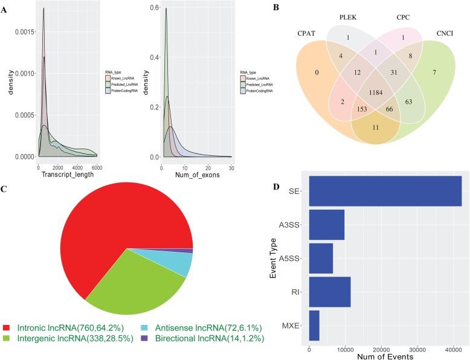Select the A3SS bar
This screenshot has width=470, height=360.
326,225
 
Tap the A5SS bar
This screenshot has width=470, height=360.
321,259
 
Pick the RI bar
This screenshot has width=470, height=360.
329,292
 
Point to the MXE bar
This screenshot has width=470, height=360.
314,326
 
